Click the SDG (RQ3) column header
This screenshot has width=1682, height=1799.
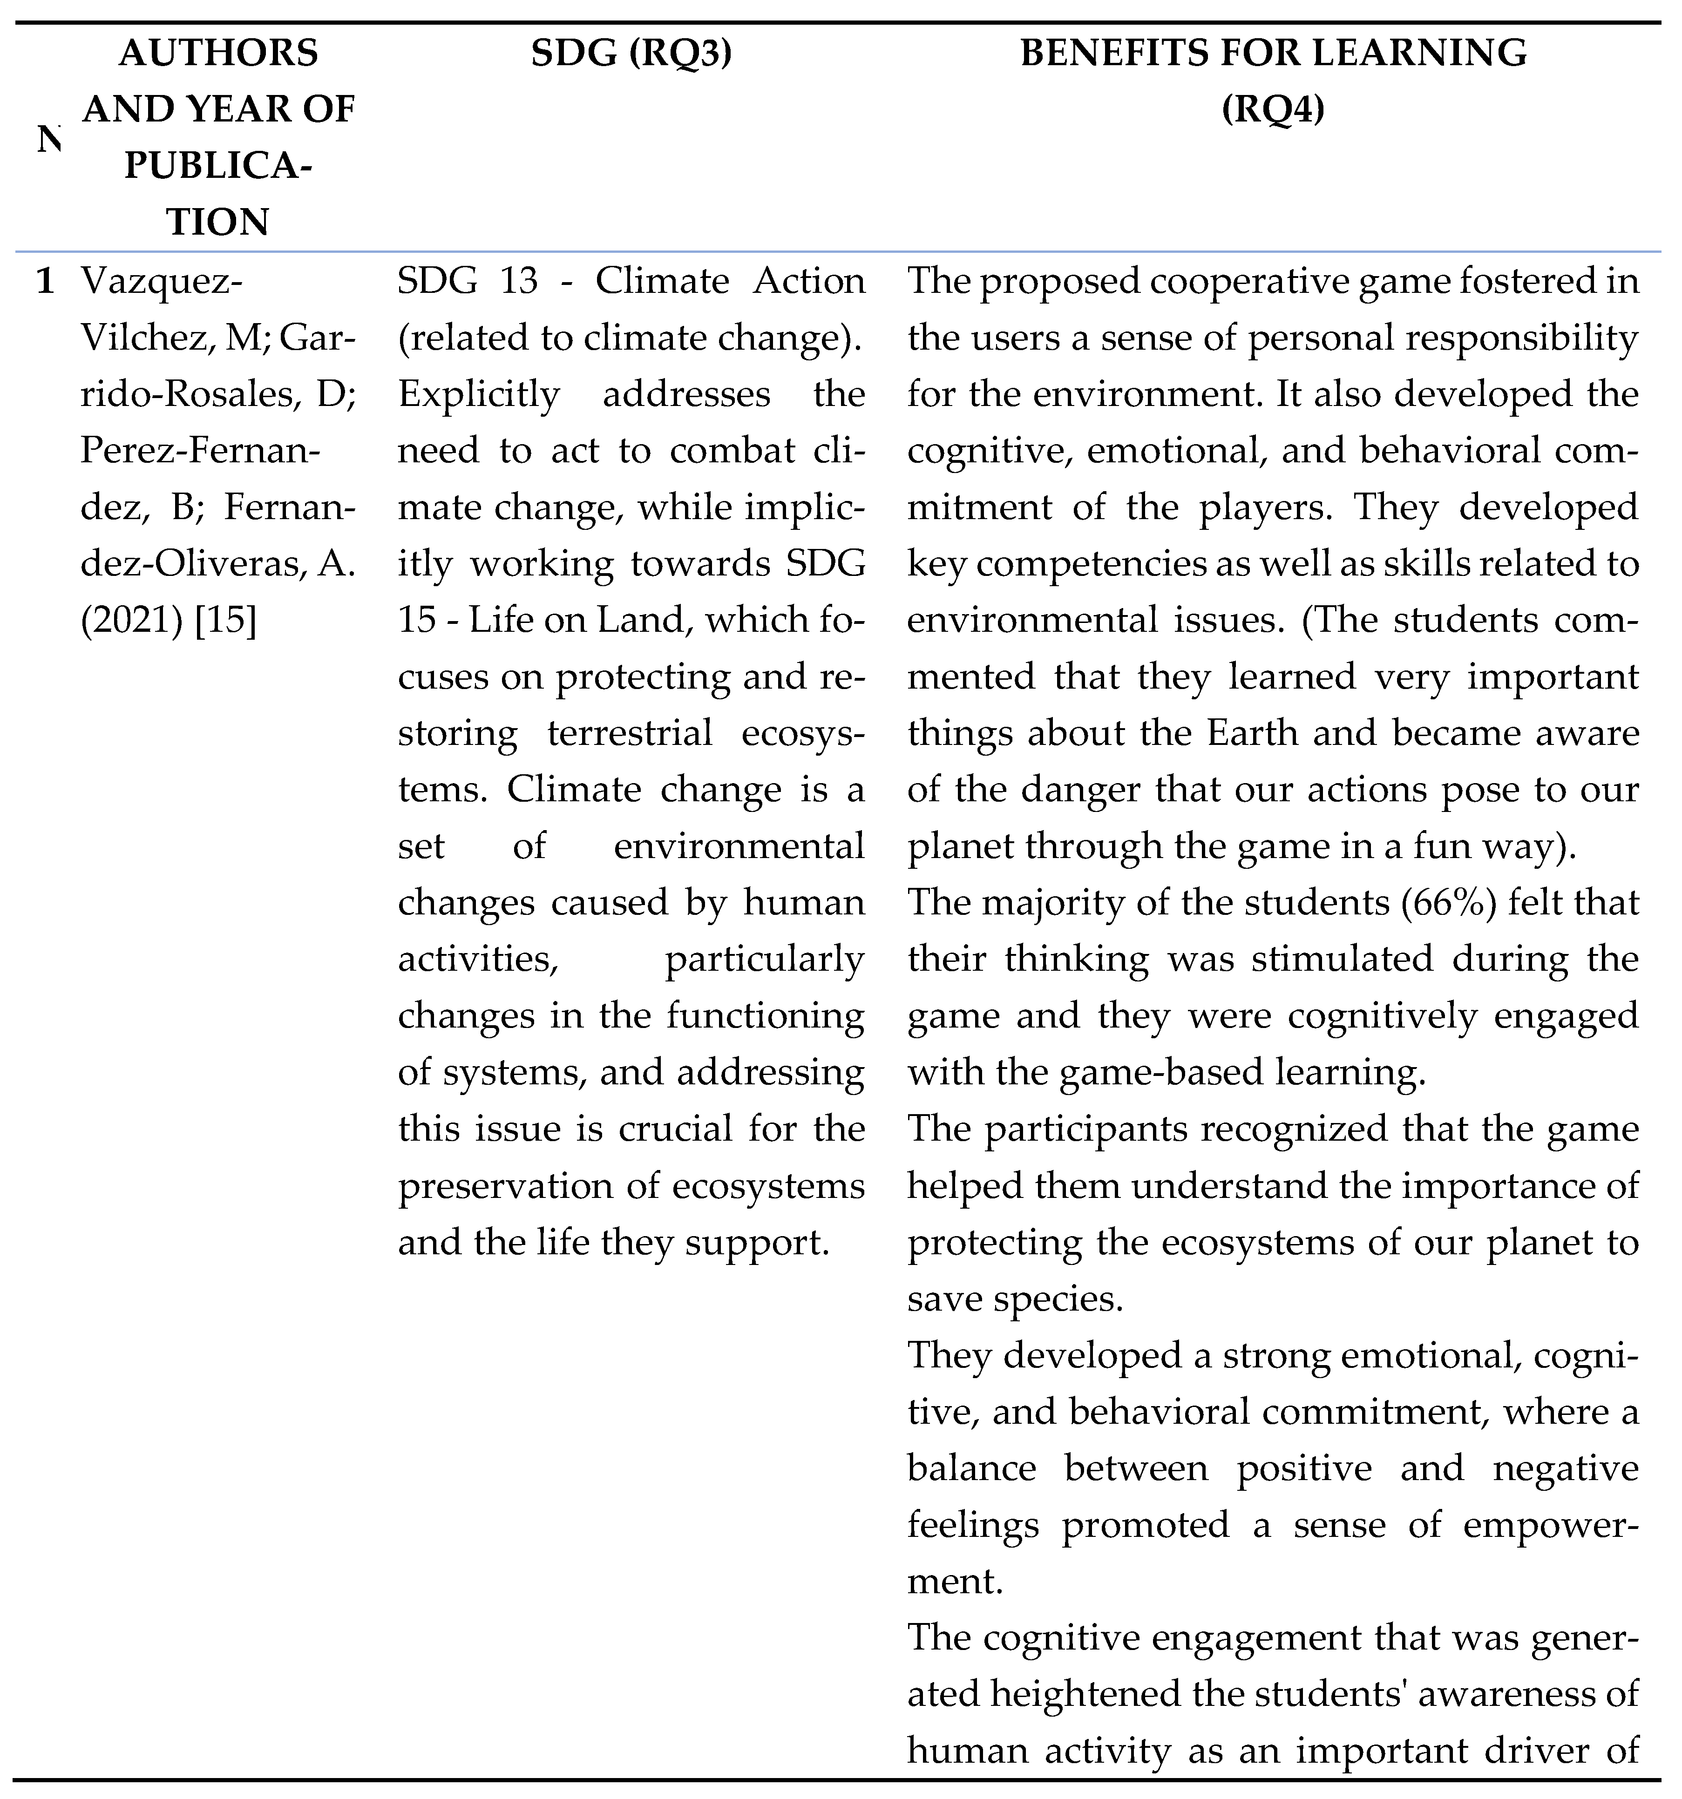coord(631,54)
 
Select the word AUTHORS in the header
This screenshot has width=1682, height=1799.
coord(219,54)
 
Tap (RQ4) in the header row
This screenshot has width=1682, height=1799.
coord(1273,110)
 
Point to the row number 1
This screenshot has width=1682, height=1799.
coord(45,281)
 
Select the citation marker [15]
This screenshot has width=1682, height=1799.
coord(226,621)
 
